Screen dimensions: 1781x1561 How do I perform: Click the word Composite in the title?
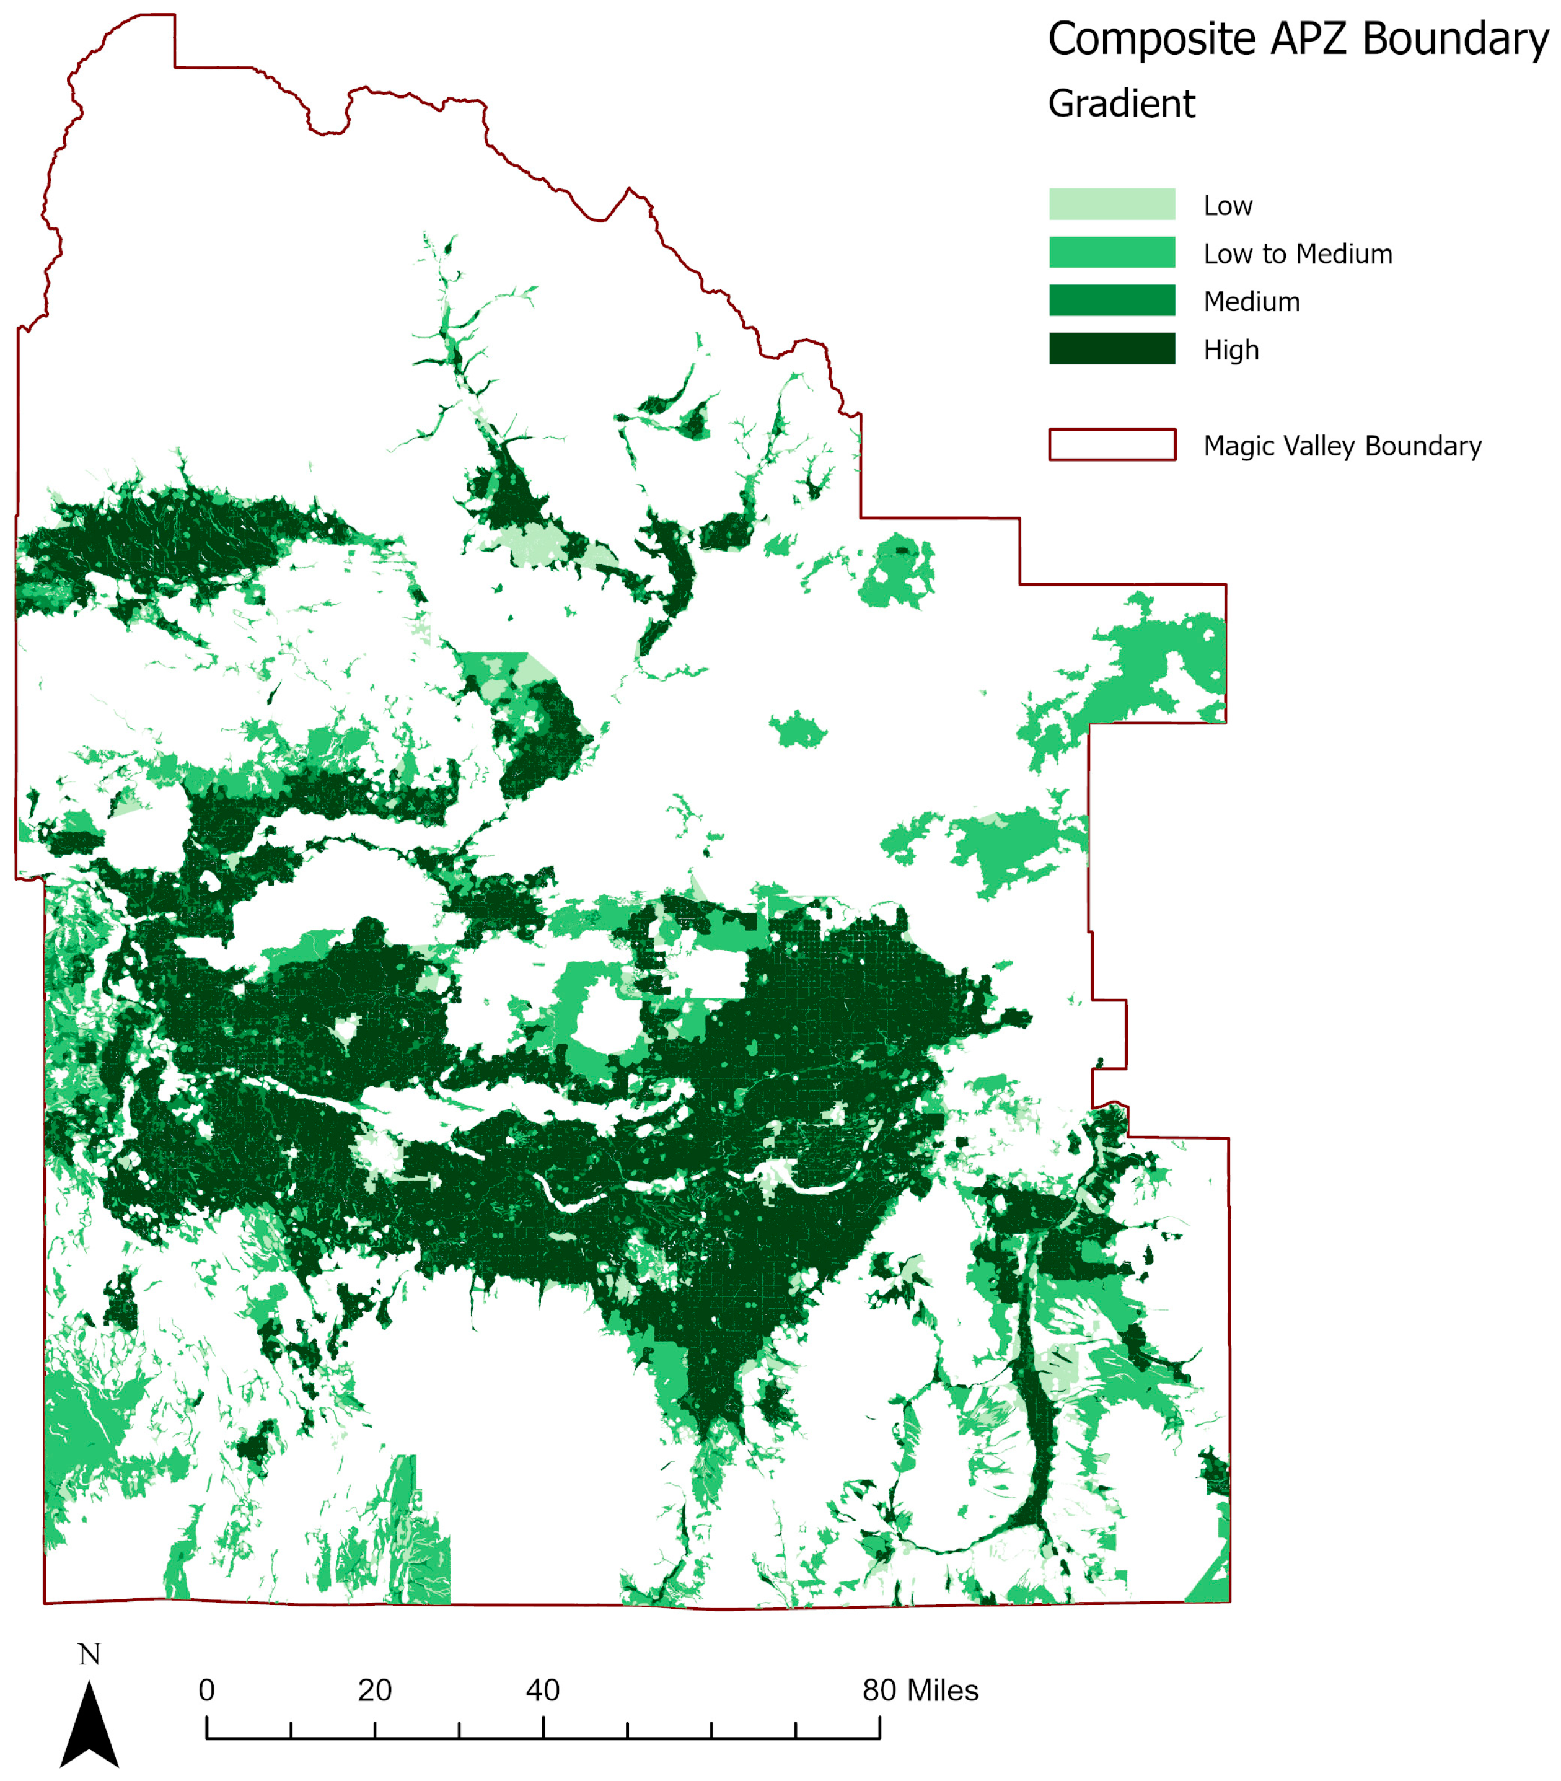1151,40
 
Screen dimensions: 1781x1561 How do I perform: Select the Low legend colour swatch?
1112,204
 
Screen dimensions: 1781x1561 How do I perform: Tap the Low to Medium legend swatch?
1112,253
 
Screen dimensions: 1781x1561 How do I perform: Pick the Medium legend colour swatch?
1112,301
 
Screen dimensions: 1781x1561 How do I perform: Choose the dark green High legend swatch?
1112,348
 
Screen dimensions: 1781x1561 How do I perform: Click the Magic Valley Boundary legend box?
1112,444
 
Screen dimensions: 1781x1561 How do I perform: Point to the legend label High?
1230,350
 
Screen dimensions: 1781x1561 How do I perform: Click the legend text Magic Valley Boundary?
1342,446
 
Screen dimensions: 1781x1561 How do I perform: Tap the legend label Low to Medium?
1297,254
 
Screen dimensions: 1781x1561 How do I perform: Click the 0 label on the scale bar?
206,1691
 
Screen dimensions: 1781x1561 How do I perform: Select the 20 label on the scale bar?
374,1691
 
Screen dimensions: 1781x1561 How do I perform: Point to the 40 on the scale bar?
543,1691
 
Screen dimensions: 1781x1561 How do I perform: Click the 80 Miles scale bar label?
920,1691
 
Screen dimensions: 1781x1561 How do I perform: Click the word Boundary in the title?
1455,40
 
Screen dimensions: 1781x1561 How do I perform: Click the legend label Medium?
1251,302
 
